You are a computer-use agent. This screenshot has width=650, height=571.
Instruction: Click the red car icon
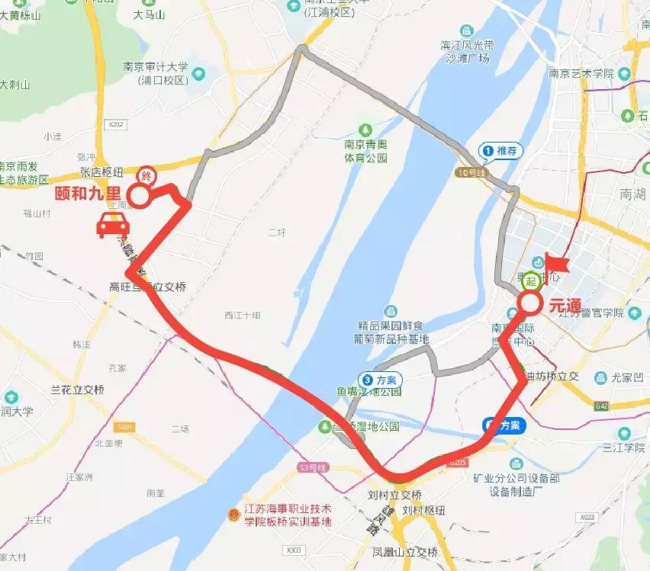pos(112,226)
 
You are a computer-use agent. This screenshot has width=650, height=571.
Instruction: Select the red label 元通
pos(565,306)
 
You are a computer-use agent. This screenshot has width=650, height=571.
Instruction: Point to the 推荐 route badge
pos(500,151)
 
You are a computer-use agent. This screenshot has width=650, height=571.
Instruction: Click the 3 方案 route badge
pos(378,379)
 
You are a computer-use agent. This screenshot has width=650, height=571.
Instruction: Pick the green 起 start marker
pos(531,281)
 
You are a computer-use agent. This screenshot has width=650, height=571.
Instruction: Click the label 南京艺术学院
pos(581,73)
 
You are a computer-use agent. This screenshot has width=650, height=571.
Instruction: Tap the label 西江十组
pos(243,315)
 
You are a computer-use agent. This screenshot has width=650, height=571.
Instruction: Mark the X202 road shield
pos(115,123)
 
